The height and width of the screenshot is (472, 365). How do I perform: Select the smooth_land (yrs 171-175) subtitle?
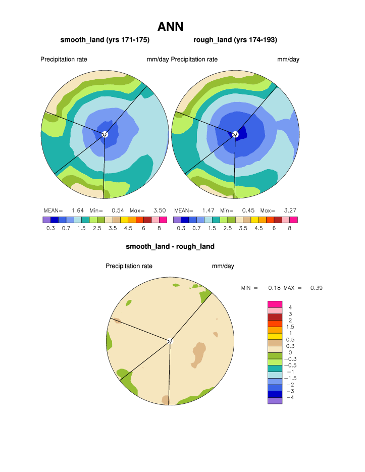tap(105, 40)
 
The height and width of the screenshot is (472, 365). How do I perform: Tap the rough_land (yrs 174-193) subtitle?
tap(235, 40)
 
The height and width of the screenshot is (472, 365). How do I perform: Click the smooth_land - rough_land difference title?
tap(170, 247)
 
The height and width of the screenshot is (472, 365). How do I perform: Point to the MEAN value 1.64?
tap(77, 210)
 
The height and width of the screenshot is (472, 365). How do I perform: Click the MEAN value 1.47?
tap(208, 210)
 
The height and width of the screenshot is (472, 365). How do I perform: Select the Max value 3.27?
tap(290, 210)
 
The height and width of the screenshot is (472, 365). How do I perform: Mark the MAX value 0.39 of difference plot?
tap(317, 288)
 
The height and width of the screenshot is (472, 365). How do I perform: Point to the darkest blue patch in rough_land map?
tap(241, 133)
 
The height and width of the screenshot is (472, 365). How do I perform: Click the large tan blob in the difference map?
tap(198, 353)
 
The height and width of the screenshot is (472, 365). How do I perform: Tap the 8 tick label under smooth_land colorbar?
tap(159, 228)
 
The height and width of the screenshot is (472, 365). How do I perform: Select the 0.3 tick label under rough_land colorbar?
tap(181, 228)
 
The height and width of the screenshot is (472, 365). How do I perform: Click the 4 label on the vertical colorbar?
tap(290, 307)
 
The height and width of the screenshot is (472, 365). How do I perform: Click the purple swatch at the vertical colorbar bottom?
tap(274, 401)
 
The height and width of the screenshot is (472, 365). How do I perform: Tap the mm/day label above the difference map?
tap(223, 266)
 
